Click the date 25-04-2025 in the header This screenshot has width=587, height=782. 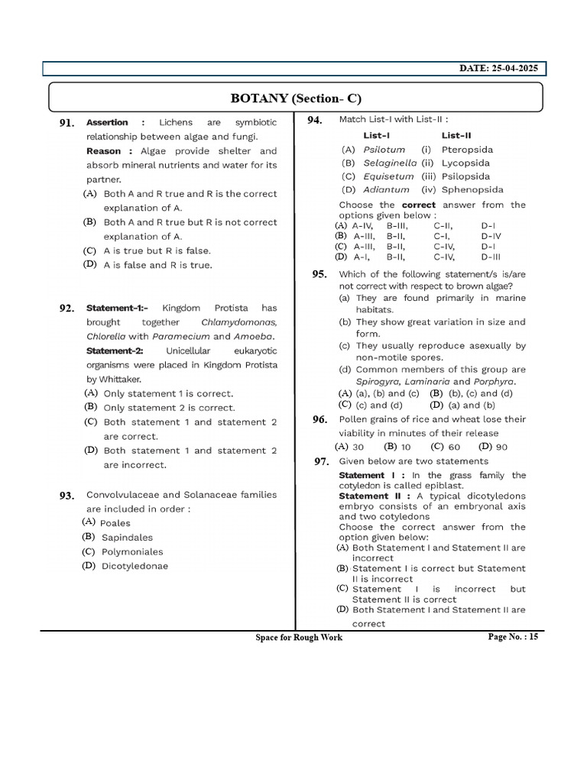[498, 69]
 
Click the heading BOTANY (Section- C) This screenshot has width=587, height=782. [296, 99]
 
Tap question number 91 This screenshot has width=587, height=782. [66, 123]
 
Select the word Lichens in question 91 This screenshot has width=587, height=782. [176, 122]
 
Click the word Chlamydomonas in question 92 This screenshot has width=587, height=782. [238, 322]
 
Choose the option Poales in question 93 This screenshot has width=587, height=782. [115, 523]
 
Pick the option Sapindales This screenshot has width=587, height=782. [127, 538]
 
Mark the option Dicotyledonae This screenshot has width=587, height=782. [135, 566]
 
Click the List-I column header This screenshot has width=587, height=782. [377, 135]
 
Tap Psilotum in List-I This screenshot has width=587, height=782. [384, 150]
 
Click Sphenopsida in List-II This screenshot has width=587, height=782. [472, 189]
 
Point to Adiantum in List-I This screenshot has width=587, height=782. [386, 189]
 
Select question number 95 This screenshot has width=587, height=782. [319, 274]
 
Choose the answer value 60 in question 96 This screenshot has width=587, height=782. [454, 447]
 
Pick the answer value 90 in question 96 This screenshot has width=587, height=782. [501, 447]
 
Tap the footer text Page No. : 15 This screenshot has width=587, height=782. [513, 637]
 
